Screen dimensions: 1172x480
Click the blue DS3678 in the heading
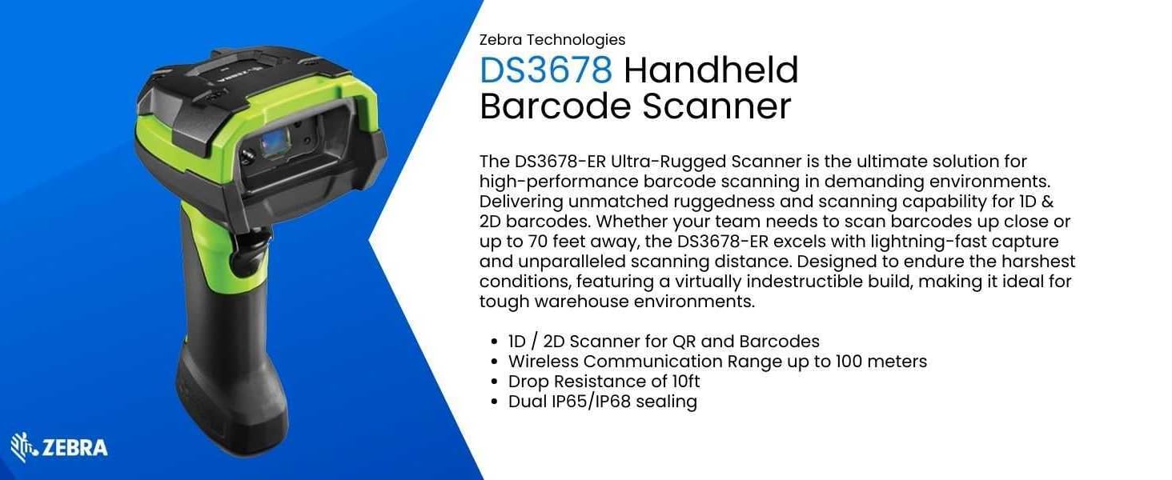coord(546,70)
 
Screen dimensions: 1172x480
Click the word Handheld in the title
coord(711,70)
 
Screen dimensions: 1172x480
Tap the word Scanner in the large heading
coord(716,106)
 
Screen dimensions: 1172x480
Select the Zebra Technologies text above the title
coord(552,40)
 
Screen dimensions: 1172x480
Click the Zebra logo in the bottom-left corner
coord(59,447)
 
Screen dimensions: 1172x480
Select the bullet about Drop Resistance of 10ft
coord(604,381)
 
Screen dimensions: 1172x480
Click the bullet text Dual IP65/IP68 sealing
coord(602,402)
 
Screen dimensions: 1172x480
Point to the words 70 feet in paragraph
coord(556,242)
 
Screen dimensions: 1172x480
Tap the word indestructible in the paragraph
coord(829,282)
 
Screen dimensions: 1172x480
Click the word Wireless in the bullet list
coord(543,362)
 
